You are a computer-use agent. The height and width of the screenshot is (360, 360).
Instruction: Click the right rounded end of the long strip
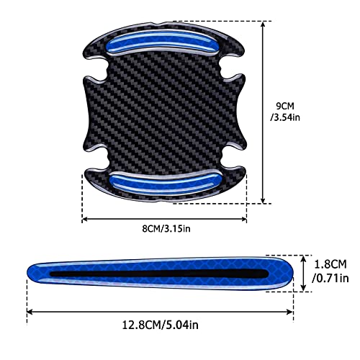[x=288, y=272]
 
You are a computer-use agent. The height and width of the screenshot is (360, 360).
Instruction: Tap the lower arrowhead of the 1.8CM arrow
[x=310, y=288]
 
